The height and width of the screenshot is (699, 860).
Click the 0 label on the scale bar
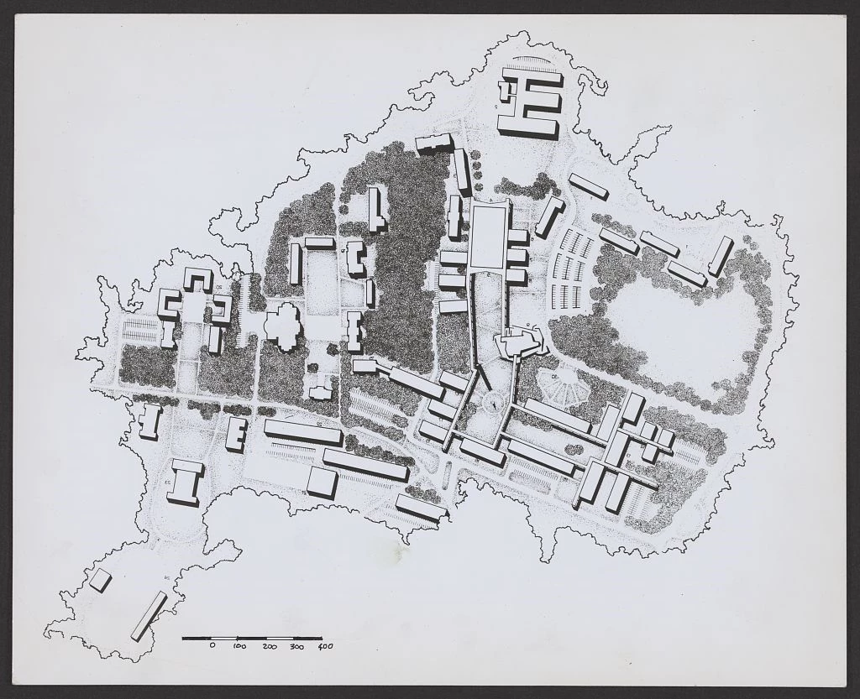tap(212, 647)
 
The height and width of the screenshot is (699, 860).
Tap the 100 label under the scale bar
tap(239, 647)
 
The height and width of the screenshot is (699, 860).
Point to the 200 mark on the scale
tap(269, 647)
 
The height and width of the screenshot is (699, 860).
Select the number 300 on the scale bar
tap(296, 647)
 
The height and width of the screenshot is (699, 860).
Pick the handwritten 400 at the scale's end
tap(325, 647)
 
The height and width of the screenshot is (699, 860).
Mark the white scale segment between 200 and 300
tap(280, 639)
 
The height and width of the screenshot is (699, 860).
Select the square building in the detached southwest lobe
tap(101, 580)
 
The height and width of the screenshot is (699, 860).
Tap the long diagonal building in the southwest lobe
tap(149, 616)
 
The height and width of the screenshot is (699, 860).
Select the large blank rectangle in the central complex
tap(489, 237)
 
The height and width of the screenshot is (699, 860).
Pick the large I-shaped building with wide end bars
tap(184, 482)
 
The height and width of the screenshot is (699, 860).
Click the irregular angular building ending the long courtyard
tap(520, 341)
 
